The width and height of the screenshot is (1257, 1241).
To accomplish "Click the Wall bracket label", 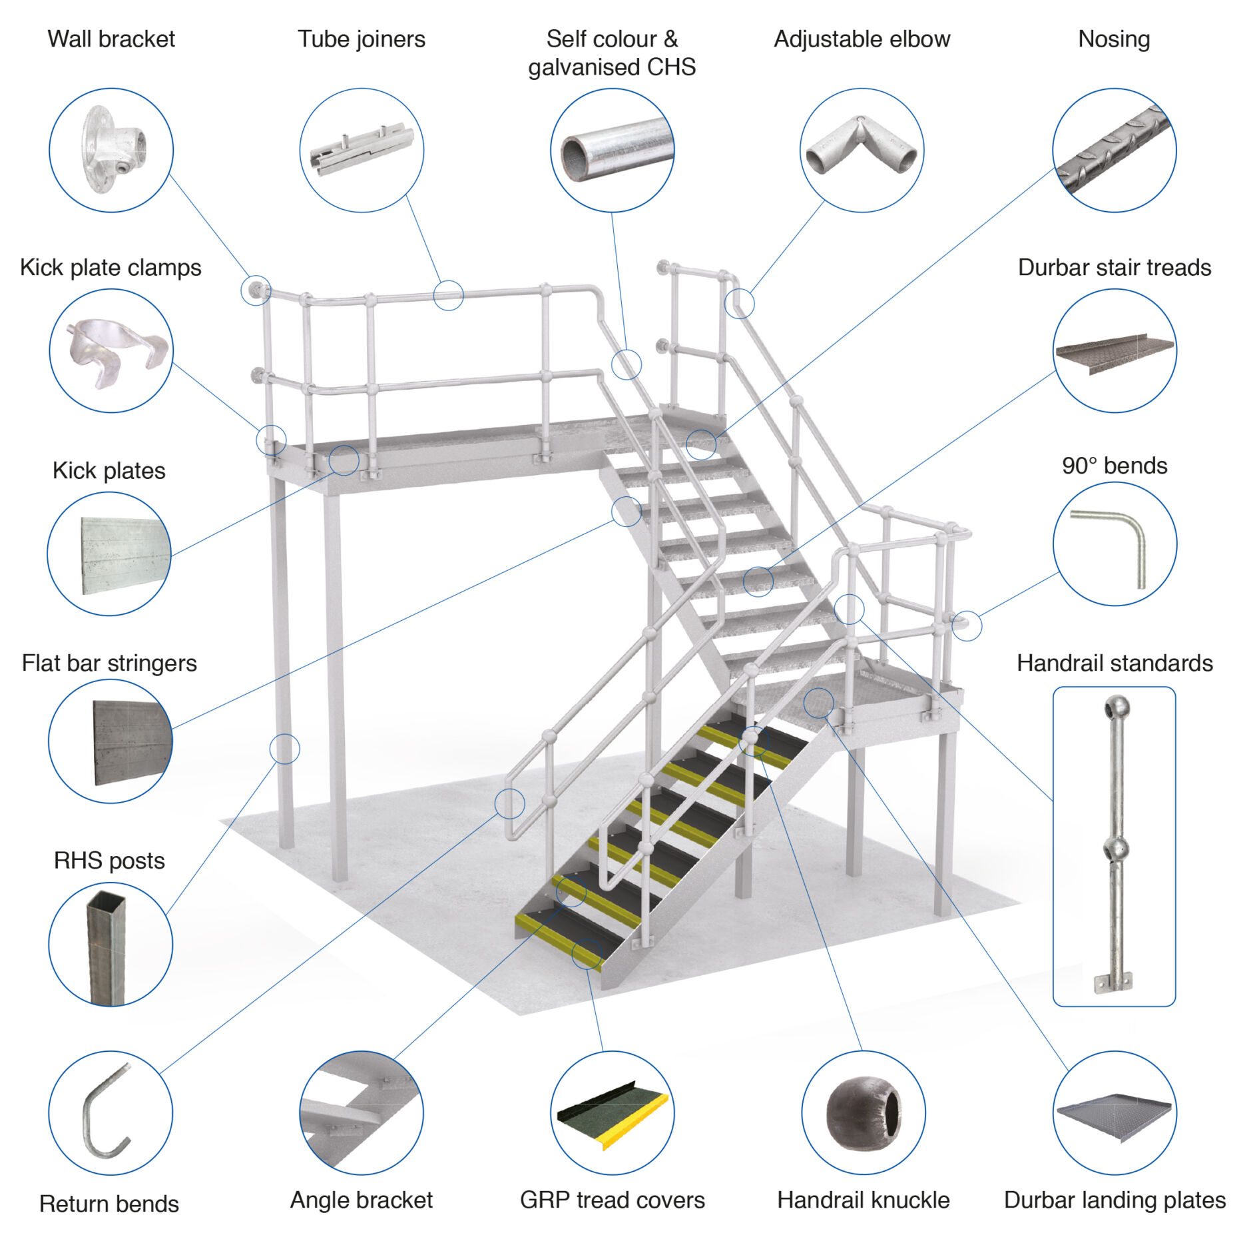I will (x=111, y=39).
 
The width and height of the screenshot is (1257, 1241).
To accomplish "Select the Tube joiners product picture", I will (x=362, y=151).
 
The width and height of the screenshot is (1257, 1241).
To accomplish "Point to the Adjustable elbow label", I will (x=862, y=39).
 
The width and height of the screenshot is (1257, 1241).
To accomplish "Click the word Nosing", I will (x=1114, y=39).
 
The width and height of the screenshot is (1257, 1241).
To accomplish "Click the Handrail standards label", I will (x=1114, y=663).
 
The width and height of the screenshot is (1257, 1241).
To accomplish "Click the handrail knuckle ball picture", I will (x=863, y=1112).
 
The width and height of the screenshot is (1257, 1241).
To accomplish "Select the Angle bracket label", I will (x=362, y=1200).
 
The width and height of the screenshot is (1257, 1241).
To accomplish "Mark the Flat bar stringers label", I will (x=109, y=663).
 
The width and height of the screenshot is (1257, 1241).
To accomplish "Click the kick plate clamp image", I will (x=113, y=351).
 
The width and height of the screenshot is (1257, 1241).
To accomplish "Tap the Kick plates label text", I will (x=109, y=470).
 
